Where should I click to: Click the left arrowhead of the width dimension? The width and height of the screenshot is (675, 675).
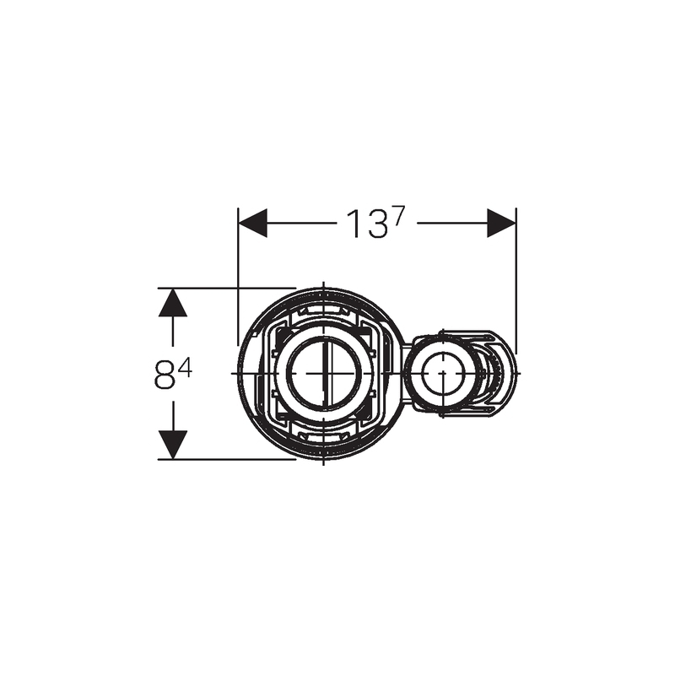click(x=252, y=223)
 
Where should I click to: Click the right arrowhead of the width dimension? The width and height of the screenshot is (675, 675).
click(x=501, y=223)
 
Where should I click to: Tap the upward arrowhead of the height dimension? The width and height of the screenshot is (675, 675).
click(x=173, y=302)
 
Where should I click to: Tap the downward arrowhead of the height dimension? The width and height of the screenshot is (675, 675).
click(x=173, y=445)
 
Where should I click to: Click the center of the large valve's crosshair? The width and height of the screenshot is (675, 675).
click(x=323, y=373)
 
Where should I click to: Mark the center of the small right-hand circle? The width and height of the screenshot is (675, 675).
click(x=442, y=373)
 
